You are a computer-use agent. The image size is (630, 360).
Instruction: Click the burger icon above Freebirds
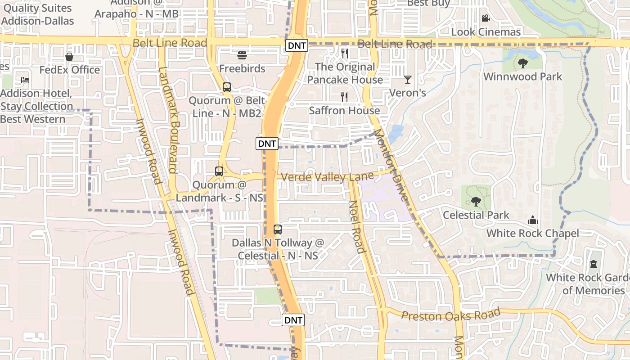point(242,55)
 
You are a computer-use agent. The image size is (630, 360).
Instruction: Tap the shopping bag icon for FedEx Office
point(69,57)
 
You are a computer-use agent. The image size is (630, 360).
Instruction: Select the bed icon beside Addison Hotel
point(25,80)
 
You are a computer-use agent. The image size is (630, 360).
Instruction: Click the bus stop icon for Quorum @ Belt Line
point(227,87)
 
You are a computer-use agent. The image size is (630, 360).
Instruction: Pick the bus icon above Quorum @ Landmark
point(219,171)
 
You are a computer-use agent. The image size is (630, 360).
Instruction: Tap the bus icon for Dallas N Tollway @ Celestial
point(278,229)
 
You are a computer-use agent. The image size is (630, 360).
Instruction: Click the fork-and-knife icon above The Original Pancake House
point(345,54)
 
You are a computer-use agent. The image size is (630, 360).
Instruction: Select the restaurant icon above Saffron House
point(345,97)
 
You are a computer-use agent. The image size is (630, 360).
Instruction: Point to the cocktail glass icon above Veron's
point(408,80)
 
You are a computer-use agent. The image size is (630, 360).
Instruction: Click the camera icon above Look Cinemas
point(486,18)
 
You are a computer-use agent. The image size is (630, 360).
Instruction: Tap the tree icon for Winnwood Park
point(522,63)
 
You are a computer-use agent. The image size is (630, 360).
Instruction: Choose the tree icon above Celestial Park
point(476,201)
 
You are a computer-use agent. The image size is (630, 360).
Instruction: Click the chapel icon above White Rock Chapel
point(533,220)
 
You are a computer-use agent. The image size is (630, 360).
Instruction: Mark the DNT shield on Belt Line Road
point(297,45)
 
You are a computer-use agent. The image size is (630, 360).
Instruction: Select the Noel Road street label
point(356,227)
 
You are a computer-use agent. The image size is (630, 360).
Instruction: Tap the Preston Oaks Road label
point(450,314)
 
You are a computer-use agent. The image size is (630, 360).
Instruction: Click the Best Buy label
point(428,4)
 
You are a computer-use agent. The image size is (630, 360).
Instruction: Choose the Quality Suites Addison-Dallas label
point(37,14)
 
